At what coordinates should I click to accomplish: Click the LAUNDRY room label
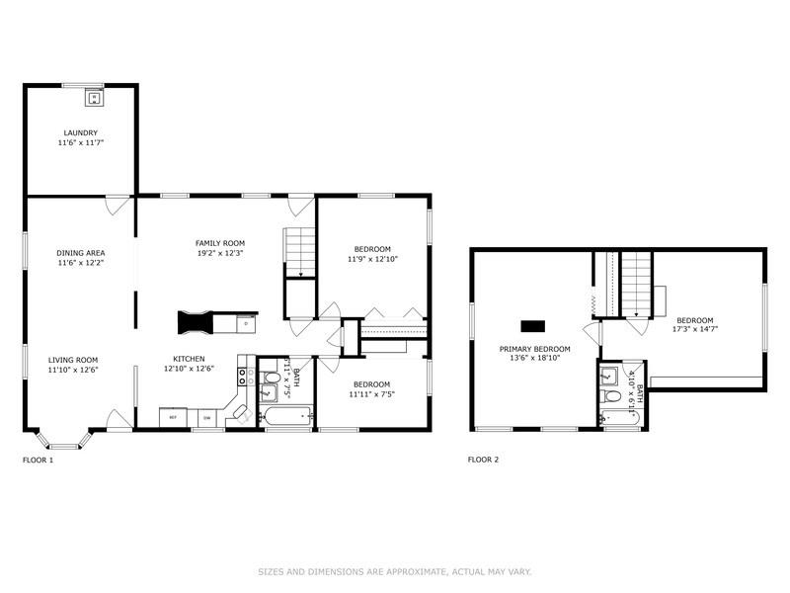pyautogui.click(x=81, y=132)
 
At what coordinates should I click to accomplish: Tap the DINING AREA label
pyautogui.click(x=81, y=252)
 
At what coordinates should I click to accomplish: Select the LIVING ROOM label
pyautogui.click(x=74, y=360)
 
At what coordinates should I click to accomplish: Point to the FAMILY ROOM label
pyautogui.click(x=220, y=242)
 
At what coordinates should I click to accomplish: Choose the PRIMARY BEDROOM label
pyautogui.click(x=534, y=349)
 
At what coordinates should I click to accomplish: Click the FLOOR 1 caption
pyautogui.click(x=38, y=460)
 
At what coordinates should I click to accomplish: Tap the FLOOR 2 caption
pyautogui.click(x=483, y=460)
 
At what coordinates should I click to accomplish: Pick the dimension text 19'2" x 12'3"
pyautogui.click(x=220, y=253)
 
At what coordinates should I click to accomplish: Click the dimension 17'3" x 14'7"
pyautogui.click(x=695, y=330)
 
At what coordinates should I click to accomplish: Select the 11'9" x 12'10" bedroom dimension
pyautogui.click(x=372, y=259)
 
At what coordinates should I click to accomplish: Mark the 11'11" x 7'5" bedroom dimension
pyautogui.click(x=372, y=394)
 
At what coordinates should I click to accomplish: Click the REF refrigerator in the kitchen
pyautogui.click(x=173, y=418)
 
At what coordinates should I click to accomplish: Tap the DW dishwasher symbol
pyautogui.click(x=206, y=418)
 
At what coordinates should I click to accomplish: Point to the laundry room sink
pyautogui.click(x=94, y=98)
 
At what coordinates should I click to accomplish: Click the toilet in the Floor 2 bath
pyautogui.click(x=613, y=397)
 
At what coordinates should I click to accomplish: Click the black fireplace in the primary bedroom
pyautogui.click(x=533, y=324)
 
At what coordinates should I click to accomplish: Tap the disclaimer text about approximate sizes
pyautogui.click(x=395, y=571)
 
